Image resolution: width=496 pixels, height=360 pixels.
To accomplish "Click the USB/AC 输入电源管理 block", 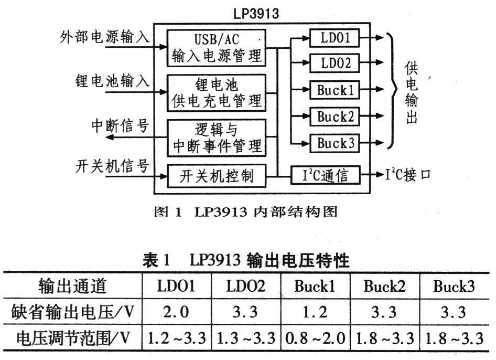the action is (x=217, y=48).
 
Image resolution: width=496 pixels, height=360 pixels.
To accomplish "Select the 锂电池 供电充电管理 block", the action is (x=217, y=93).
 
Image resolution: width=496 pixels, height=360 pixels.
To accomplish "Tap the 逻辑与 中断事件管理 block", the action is (x=217, y=137).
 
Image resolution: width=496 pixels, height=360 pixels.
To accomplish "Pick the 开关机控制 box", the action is (x=217, y=176).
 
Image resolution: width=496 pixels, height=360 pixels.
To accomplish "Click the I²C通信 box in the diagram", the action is (x=326, y=175).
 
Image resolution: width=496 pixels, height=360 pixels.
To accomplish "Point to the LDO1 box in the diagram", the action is (x=335, y=38).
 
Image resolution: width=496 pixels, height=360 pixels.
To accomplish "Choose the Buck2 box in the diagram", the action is (x=335, y=117).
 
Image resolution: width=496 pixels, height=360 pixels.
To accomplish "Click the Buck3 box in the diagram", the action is (x=335, y=143).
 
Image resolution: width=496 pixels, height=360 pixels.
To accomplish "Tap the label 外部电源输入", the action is (x=105, y=37).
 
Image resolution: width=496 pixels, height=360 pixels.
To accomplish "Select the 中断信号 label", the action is (x=120, y=126).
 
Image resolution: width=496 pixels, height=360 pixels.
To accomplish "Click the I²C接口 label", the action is (x=408, y=174).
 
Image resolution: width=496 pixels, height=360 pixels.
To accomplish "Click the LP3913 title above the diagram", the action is (x=256, y=13).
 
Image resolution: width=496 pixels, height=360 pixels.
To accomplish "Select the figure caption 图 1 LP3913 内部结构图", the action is (x=246, y=212).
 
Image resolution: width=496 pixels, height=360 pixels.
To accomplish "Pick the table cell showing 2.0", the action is (x=176, y=312).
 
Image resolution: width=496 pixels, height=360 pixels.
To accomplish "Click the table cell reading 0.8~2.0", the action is (x=316, y=338).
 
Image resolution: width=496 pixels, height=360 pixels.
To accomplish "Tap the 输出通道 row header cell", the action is (x=72, y=286).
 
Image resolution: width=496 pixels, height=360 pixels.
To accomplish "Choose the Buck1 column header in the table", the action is (x=315, y=286).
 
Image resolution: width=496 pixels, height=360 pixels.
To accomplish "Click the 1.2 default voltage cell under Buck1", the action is (x=316, y=312).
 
